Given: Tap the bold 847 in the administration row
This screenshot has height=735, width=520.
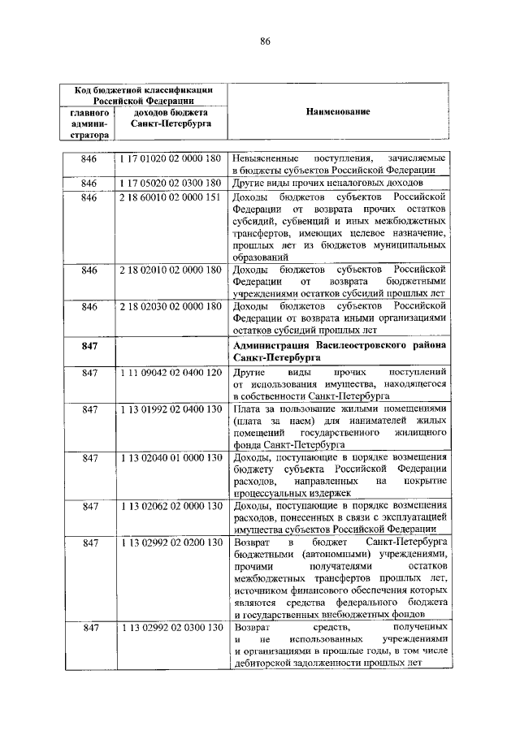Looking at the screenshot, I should tap(89, 346).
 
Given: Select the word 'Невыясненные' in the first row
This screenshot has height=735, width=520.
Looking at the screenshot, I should tap(266, 158).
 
